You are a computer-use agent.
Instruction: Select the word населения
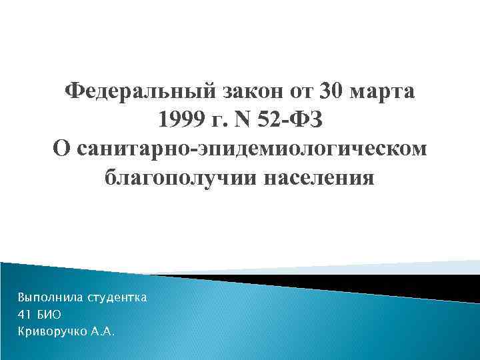coord(319,179)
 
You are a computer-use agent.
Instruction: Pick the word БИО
coord(50,313)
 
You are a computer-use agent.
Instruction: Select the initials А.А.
coord(103,331)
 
